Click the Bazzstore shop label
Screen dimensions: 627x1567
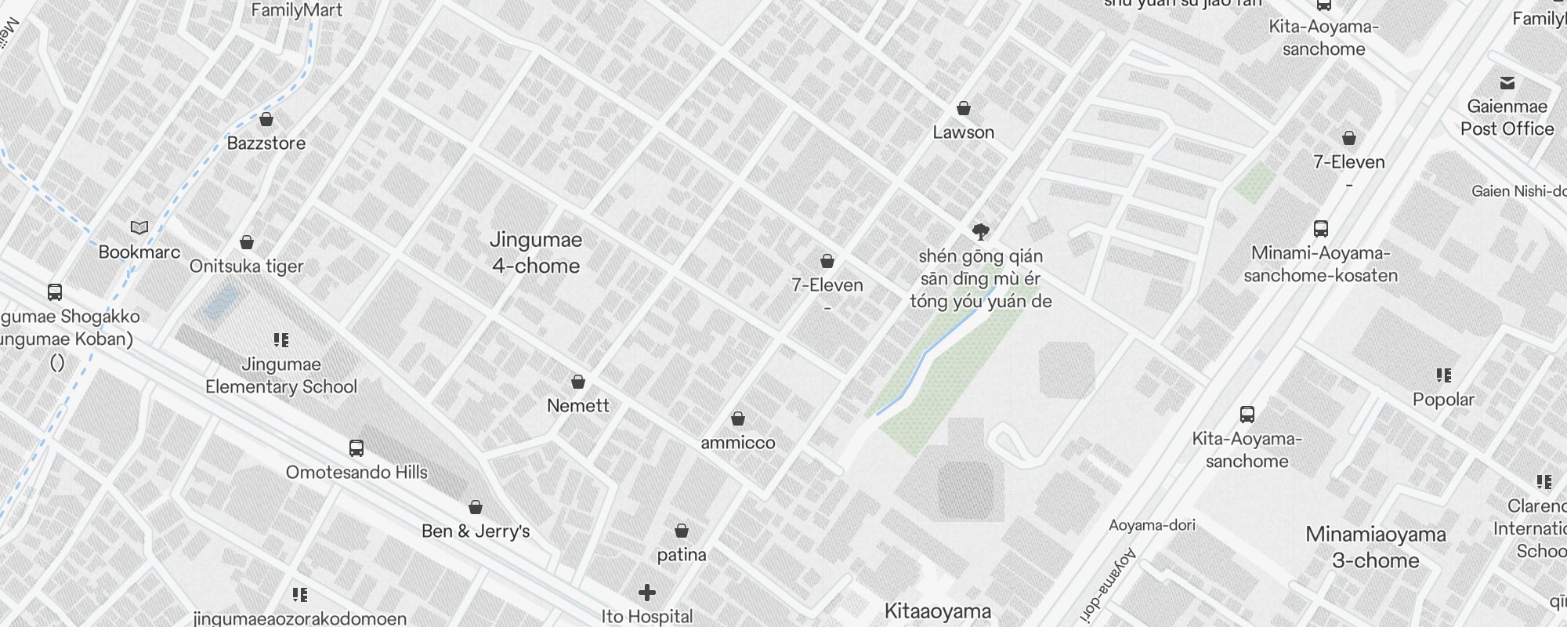click(266, 143)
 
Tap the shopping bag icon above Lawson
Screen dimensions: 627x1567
click(964, 108)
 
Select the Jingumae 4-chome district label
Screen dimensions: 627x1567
click(536, 252)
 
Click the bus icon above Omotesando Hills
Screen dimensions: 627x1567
click(356, 448)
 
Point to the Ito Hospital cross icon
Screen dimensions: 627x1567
click(647, 593)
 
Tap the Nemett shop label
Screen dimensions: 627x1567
click(578, 406)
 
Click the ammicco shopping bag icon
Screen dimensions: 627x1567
click(738, 419)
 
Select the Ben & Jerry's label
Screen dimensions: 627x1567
click(476, 531)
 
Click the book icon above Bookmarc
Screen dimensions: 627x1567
click(139, 228)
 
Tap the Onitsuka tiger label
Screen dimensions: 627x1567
click(246, 266)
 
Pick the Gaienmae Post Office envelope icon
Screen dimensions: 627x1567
click(1507, 83)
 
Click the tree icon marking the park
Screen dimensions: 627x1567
click(980, 231)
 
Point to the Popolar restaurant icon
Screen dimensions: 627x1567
click(1444, 375)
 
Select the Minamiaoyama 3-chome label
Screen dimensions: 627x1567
click(1376, 547)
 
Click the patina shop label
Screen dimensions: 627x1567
click(682, 555)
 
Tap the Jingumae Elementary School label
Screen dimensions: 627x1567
click(281, 375)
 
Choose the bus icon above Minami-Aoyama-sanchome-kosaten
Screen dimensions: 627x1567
click(1321, 229)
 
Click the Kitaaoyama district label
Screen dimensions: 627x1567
click(938, 611)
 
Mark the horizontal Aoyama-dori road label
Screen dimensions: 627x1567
click(1152, 525)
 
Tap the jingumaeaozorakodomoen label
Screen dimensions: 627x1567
click(300, 618)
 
